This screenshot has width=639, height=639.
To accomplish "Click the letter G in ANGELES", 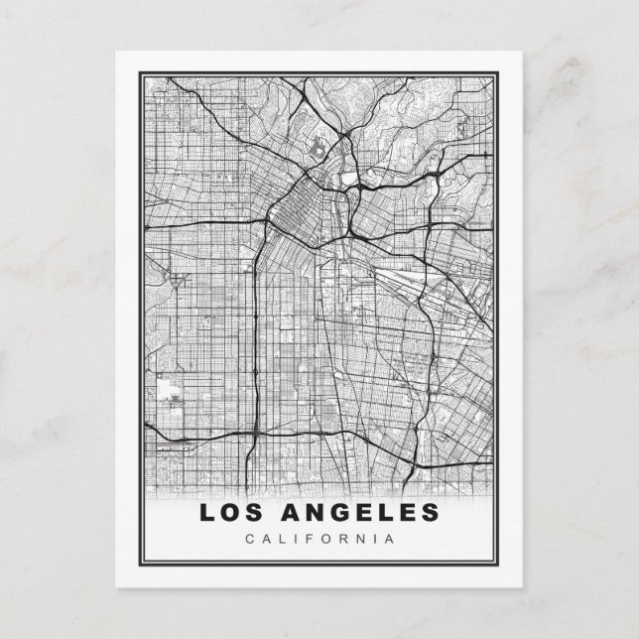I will click(x=342, y=513).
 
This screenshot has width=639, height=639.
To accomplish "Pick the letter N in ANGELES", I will click(x=317, y=513).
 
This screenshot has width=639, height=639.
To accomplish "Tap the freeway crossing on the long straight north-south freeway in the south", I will click(x=255, y=435).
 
